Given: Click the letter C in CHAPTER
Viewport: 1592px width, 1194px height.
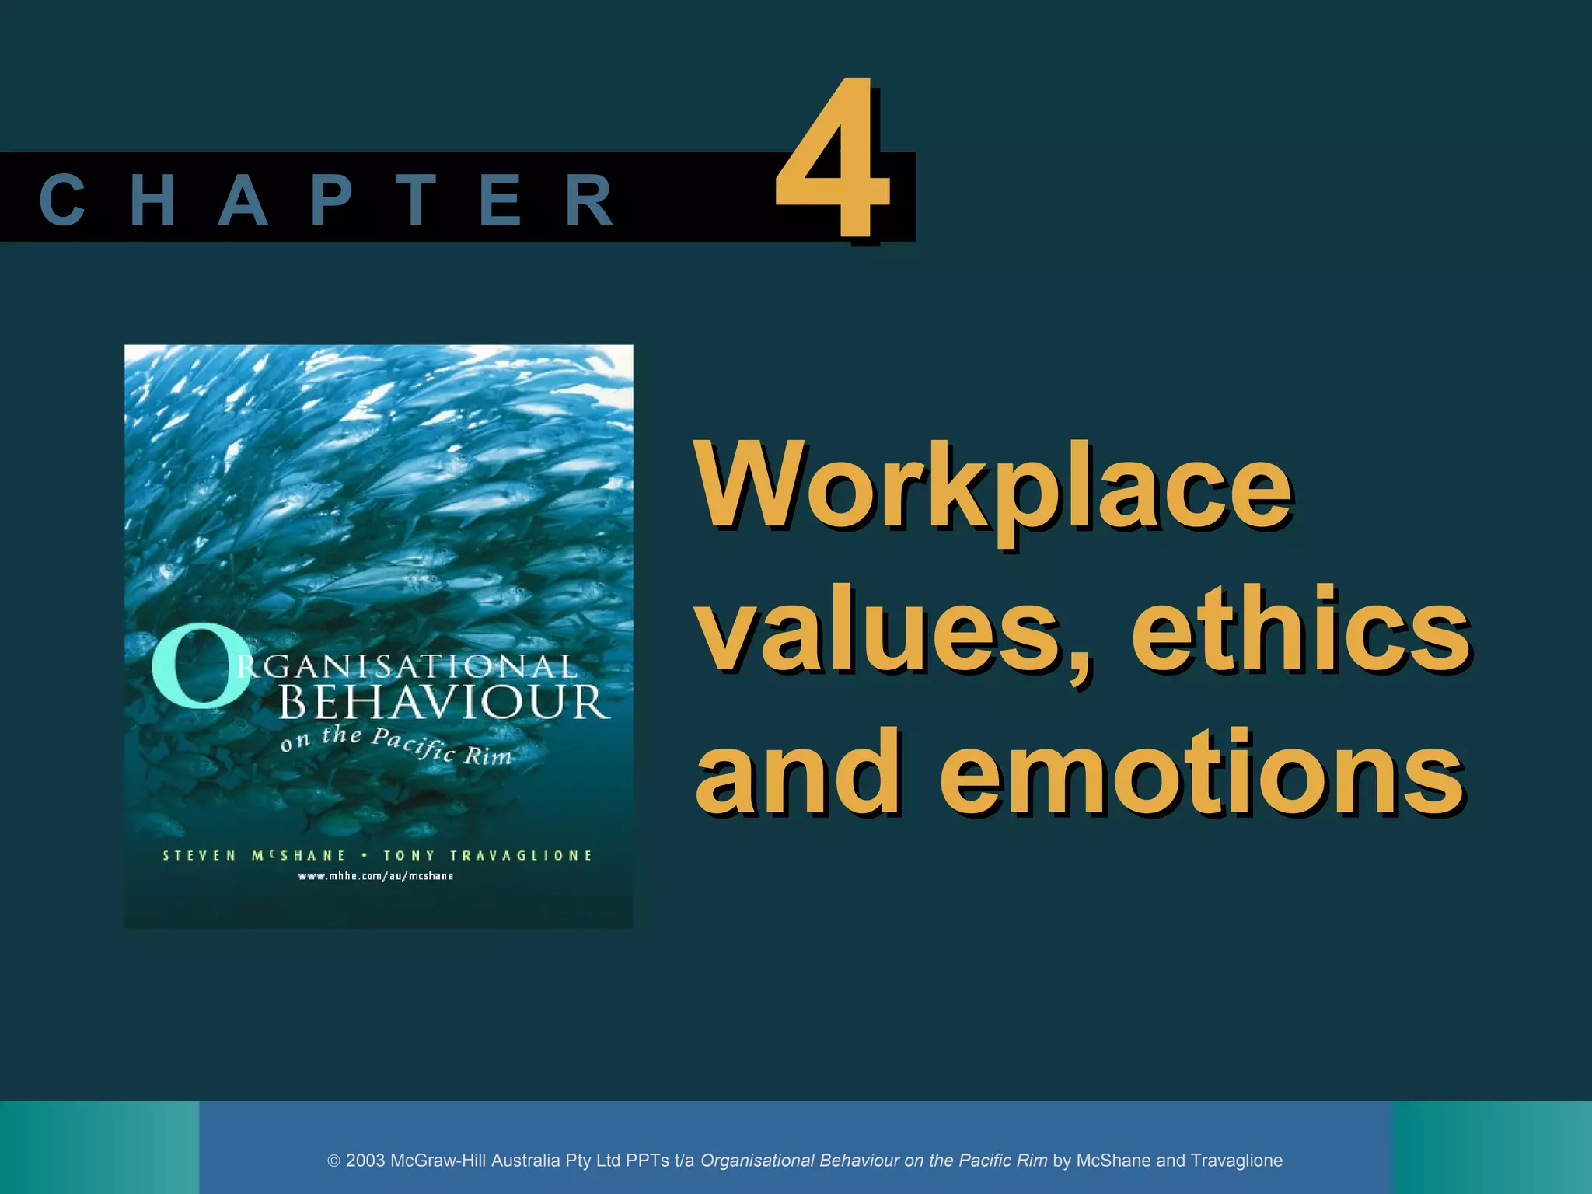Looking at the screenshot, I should pyautogui.click(x=61, y=201).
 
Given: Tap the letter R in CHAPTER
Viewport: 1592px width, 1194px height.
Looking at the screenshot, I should pyautogui.click(x=590, y=201).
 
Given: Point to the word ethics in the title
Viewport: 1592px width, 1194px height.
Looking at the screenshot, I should pyautogui.click(x=1300, y=628).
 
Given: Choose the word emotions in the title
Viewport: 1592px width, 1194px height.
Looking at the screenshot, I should pyautogui.click(x=1203, y=771).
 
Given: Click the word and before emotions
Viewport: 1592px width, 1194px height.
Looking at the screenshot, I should pyautogui.click(x=798, y=771).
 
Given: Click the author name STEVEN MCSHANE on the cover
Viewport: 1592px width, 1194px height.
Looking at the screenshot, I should pyautogui.click(x=254, y=856).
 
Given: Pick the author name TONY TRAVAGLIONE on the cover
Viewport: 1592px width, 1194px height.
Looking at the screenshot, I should pyautogui.click(x=488, y=856).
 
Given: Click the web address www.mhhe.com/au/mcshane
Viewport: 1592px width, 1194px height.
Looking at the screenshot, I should pyautogui.click(x=376, y=876).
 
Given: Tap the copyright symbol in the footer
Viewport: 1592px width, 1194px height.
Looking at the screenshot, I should pyautogui.click(x=334, y=1161).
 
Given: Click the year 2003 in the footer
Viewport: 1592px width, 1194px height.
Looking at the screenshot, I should pyautogui.click(x=365, y=1161).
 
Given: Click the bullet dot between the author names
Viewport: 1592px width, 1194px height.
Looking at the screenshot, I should pyautogui.click(x=365, y=855).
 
